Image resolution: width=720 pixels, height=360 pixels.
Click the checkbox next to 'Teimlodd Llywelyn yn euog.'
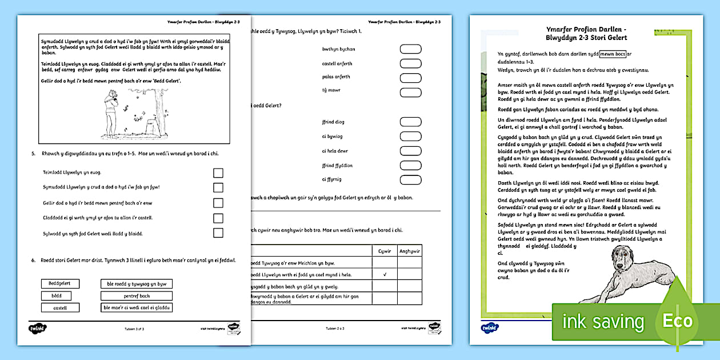coord(218,173)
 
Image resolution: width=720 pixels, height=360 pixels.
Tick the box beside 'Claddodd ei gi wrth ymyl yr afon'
coord(218,218)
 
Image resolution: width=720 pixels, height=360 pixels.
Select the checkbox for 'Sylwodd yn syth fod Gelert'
coord(218,233)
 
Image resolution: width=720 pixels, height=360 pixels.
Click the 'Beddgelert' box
coord(60,283)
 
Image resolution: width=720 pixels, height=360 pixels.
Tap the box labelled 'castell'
coord(60,307)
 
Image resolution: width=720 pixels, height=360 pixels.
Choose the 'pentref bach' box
coord(137,295)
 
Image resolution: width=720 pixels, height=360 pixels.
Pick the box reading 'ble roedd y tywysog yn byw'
coord(137,283)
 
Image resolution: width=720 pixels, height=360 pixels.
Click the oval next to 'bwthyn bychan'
coord(410,49)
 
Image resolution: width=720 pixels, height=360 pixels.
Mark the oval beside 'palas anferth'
coord(410,77)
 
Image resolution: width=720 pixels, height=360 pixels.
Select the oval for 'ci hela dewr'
coord(410,151)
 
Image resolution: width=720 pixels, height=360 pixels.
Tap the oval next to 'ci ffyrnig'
coord(410,180)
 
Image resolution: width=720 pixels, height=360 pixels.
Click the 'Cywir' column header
coord(385,250)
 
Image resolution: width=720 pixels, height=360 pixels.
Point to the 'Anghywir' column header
coord(409,250)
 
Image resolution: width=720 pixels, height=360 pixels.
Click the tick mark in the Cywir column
coord(385,274)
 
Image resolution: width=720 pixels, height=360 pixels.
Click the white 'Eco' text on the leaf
coord(678,321)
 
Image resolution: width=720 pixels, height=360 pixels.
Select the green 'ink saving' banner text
coord(603,322)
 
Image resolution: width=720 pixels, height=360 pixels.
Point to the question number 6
coord(33,260)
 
